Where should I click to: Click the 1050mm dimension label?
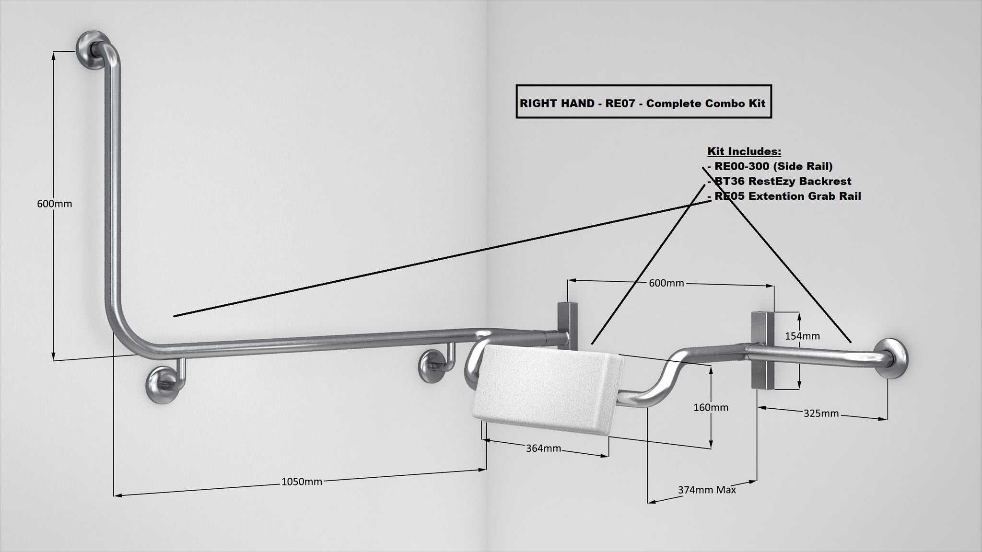(x=302, y=482)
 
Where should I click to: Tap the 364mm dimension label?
(x=543, y=448)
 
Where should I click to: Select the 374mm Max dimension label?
(x=707, y=490)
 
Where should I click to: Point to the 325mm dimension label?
(x=821, y=413)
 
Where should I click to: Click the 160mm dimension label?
(x=711, y=407)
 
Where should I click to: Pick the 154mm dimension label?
(x=802, y=336)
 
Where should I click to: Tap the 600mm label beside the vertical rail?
(x=55, y=204)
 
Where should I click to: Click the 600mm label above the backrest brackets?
(x=666, y=283)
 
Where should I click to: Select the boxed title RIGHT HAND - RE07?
(x=643, y=103)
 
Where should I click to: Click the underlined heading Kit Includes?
(x=744, y=151)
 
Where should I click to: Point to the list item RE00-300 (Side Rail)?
(x=772, y=166)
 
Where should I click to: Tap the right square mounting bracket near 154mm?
(x=762, y=350)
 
